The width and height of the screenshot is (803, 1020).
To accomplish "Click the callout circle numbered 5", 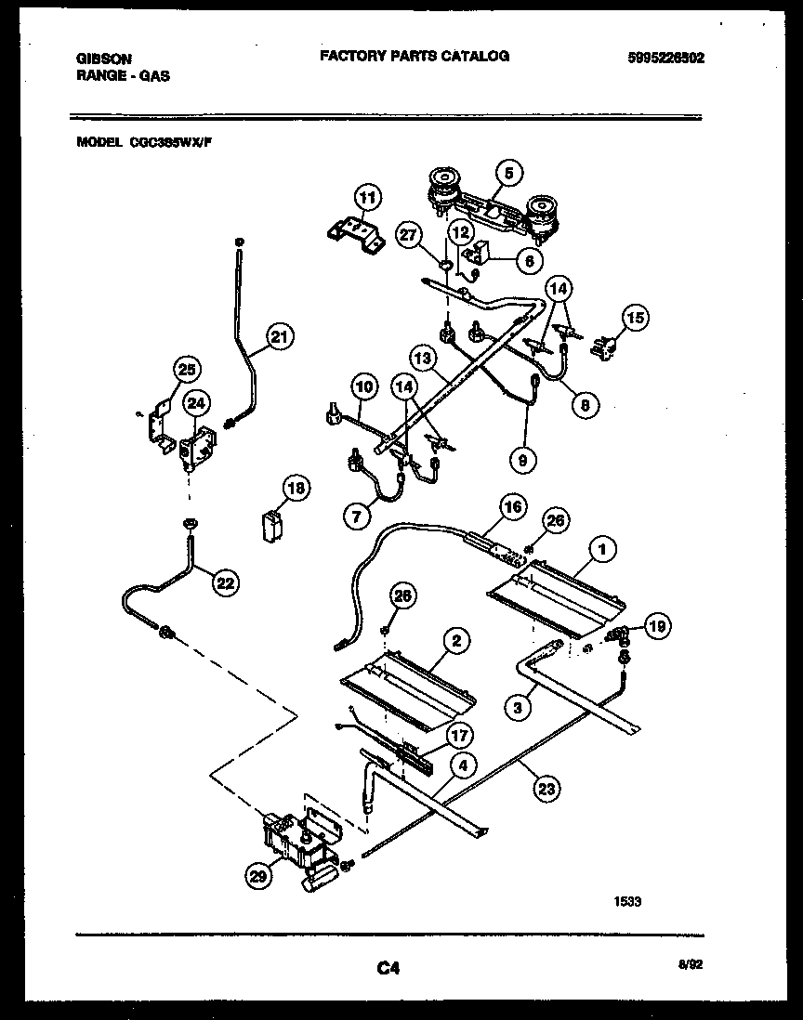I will click(x=508, y=172).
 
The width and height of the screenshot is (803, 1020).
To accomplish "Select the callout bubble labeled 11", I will click(x=368, y=197).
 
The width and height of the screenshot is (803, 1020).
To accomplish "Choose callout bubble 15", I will click(x=635, y=319).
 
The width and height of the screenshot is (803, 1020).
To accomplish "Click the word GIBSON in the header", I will click(x=102, y=58).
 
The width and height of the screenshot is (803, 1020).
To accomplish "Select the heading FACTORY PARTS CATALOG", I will click(x=415, y=56).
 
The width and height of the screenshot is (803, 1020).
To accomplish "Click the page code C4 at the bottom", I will click(x=388, y=969).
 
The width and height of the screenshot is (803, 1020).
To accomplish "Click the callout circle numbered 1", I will click(x=602, y=550).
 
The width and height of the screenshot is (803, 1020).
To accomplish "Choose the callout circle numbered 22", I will click(x=224, y=582).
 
